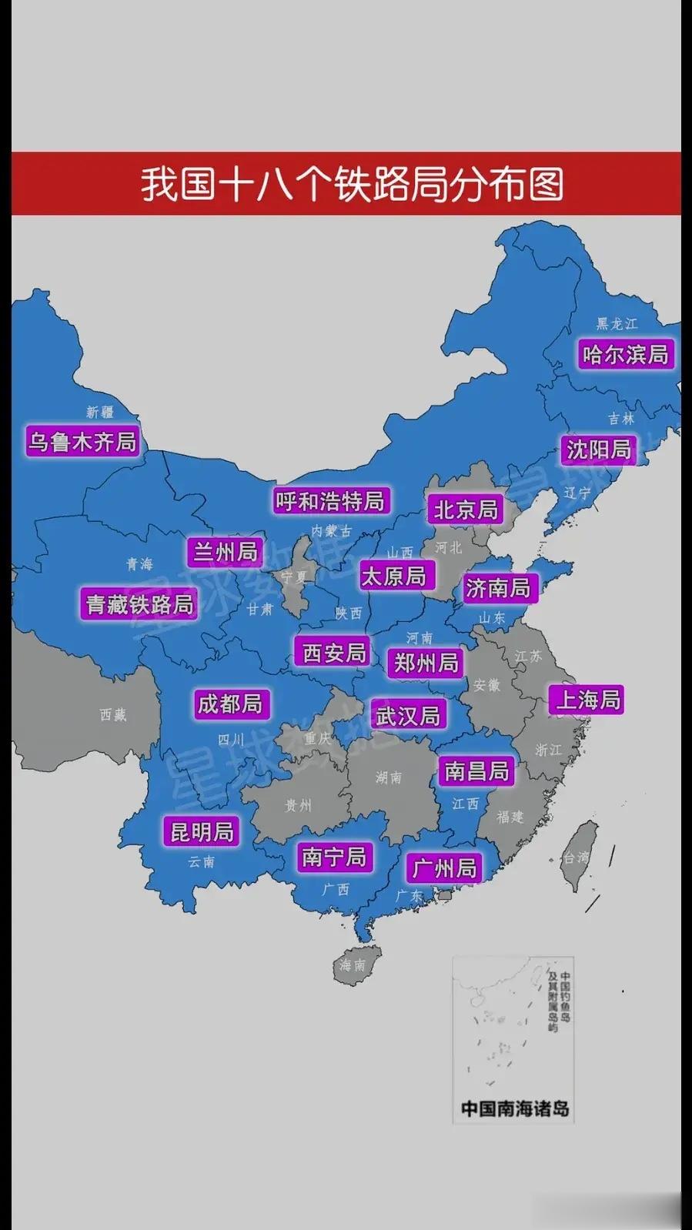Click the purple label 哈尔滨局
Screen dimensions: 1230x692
click(x=626, y=355)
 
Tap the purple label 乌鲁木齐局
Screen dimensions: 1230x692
click(x=82, y=442)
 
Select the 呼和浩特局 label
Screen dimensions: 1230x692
click(x=331, y=502)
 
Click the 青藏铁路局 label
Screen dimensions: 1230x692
click(x=139, y=604)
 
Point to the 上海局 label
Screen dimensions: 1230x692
click(x=588, y=700)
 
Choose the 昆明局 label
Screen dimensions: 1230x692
click(x=202, y=832)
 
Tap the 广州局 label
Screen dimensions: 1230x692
click(x=445, y=869)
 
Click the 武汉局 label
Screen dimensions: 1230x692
click(x=408, y=716)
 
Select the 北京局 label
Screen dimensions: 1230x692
click(x=466, y=510)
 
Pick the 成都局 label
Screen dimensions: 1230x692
click(x=229, y=704)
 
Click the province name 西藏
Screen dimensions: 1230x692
click(x=113, y=715)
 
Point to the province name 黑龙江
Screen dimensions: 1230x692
click(x=617, y=324)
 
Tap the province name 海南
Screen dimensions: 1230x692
click(x=352, y=964)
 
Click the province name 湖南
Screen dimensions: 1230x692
click(x=389, y=777)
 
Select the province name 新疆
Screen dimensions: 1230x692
click(x=100, y=412)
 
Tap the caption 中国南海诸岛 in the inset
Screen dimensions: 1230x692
click(x=514, y=1108)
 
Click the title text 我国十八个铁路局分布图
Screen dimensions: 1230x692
click(x=353, y=185)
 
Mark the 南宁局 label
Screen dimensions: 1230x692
click(x=334, y=857)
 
